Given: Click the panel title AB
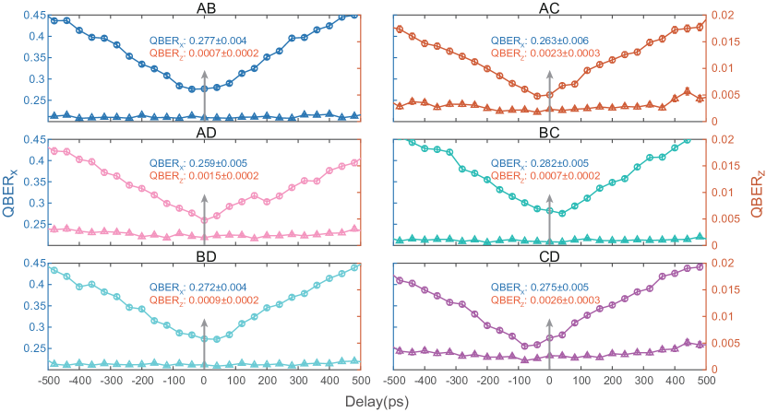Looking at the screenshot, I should click(206, 8).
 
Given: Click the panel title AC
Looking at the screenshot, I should click(550, 8).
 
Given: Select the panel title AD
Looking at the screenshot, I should click(206, 132).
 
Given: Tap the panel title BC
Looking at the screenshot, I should click(550, 132).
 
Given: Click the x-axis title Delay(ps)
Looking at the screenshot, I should click(379, 401).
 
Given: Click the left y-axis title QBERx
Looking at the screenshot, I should click(11, 192).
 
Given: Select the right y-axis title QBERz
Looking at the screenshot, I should click(756, 192).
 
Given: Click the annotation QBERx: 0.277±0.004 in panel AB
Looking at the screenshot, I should click(198, 41).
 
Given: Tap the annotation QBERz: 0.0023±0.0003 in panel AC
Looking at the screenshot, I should click(545, 53).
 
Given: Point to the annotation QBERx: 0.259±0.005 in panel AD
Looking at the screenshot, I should click(198, 164).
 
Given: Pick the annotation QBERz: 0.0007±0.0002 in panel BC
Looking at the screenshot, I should click(545, 176).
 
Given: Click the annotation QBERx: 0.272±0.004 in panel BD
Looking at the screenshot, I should click(198, 288).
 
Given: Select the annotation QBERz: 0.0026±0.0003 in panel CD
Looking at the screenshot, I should click(545, 300).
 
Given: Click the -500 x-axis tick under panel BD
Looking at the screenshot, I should click(48, 379).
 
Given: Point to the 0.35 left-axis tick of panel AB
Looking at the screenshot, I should click(34, 78).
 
